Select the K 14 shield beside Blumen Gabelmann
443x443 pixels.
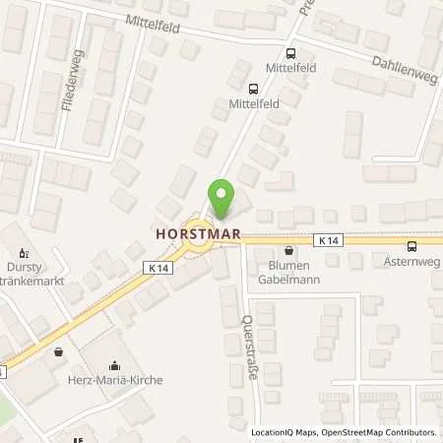(329, 240)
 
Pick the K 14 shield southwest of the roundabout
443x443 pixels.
(157, 267)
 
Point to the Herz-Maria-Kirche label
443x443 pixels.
(122, 380)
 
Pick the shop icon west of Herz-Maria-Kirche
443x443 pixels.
(60, 350)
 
